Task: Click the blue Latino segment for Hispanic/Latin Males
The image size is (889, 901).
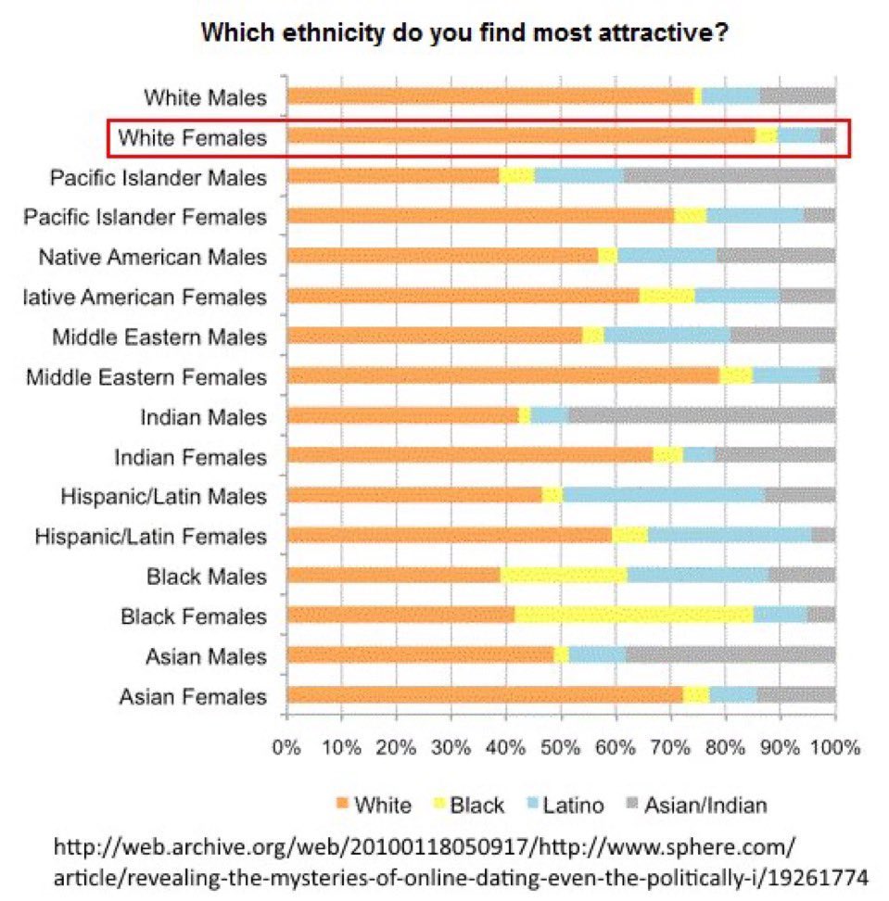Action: click(664, 495)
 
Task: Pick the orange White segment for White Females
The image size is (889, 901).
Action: click(522, 136)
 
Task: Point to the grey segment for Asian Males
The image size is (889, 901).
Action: click(730, 655)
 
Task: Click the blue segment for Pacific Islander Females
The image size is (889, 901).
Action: click(755, 216)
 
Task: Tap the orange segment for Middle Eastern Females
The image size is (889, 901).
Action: click(503, 375)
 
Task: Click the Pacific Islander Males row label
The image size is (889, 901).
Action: click(159, 177)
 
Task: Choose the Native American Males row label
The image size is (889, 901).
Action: click(152, 257)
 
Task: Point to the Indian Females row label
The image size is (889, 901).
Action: click(190, 456)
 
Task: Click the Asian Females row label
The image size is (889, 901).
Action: click(193, 696)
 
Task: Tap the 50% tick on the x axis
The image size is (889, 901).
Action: click(561, 747)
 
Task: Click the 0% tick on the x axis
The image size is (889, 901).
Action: click(287, 747)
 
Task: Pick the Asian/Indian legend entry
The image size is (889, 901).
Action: click(705, 804)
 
